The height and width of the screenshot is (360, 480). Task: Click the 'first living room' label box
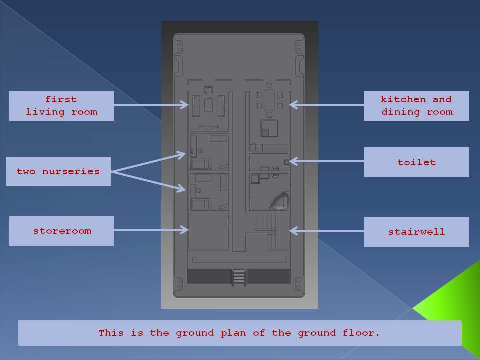(x=61, y=105)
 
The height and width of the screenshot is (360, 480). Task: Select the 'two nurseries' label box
(x=58, y=171)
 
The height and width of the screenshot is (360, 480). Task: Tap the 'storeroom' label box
(x=62, y=231)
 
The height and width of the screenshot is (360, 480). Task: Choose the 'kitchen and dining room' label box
(x=416, y=105)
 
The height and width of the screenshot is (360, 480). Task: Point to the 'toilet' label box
(x=416, y=162)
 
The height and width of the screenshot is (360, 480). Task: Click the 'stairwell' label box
(x=416, y=231)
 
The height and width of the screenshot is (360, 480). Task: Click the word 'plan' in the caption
(x=233, y=333)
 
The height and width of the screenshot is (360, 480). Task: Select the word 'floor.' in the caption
(x=361, y=333)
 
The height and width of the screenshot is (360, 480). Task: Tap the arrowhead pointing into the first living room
(x=185, y=105)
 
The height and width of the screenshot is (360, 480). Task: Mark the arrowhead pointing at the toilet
(x=293, y=161)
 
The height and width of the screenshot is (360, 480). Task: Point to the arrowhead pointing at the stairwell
(x=293, y=231)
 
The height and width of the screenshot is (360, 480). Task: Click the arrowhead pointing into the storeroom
(x=185, y=230)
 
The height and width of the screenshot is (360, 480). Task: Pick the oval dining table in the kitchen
(x=269, y=100)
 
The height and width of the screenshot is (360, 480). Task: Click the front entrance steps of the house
(x=239, y=277)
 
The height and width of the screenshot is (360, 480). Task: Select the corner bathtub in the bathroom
(x=279, y=201)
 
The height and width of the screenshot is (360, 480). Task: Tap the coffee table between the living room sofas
(x=209, y=105)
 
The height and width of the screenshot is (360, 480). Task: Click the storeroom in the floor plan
(x=208, y=231)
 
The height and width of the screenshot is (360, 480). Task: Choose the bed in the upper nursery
(x=201, y=164)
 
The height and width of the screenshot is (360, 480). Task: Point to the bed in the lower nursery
(x=201, y=204)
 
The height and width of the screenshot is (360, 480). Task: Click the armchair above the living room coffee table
(x=209, y=90)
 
